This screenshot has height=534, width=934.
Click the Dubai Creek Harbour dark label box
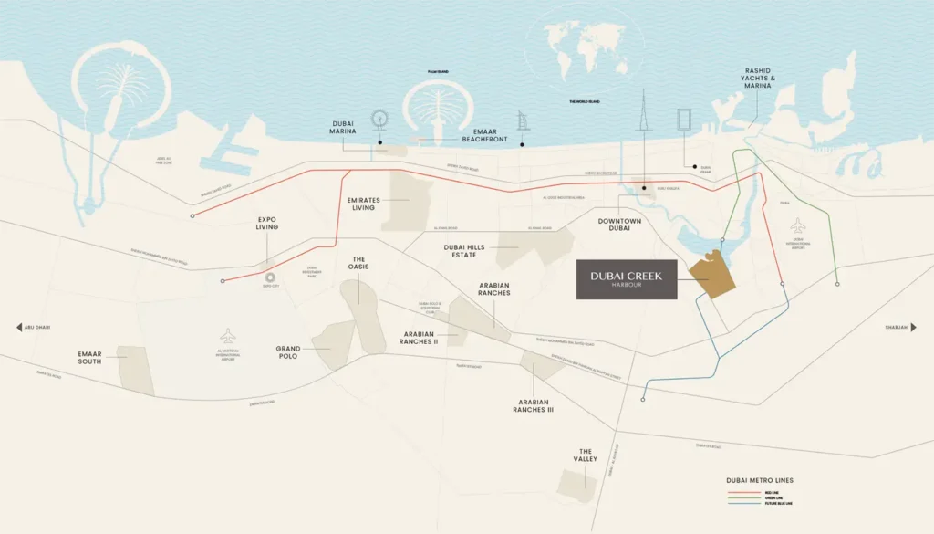(626, 279)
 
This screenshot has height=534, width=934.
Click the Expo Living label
(267, 225)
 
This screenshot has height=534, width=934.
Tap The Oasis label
(358, 264)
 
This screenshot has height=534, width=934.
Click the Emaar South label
(89, 356)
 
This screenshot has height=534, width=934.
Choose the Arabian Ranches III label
(533, 406)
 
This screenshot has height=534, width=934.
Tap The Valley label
(586, 455)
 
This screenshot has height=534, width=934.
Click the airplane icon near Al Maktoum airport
(227, 335)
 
